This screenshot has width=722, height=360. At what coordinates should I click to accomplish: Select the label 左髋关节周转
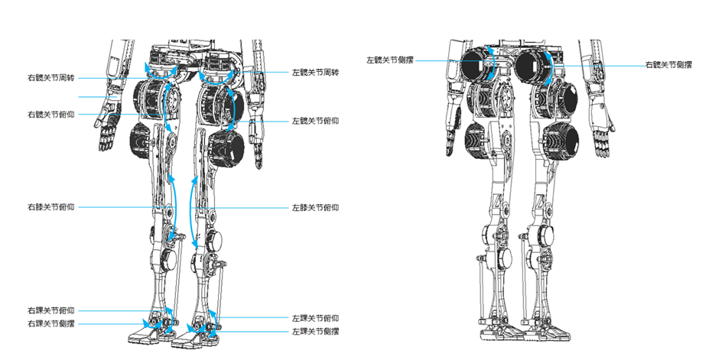click(x=315, y=73)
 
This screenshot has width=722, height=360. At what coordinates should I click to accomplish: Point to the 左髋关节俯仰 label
click(x=315, y=122)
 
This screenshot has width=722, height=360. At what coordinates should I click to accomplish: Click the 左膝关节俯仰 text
click(x=315, y=207)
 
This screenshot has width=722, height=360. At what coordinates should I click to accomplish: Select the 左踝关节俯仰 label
click(x=315, y=318)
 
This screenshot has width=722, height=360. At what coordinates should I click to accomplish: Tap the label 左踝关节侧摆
click(x=315, y=332)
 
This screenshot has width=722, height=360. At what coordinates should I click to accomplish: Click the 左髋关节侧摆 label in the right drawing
click(x=390, y=60)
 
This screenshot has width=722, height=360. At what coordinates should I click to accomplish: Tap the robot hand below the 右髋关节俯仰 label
click(x=105, y=134)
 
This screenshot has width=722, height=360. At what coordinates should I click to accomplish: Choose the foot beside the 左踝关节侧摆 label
click(x=200, y=336)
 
